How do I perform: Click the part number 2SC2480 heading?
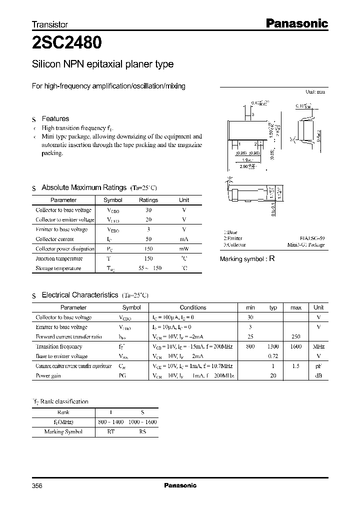[67, 43]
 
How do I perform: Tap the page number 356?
[37, 485]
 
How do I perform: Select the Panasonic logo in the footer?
[180, 485]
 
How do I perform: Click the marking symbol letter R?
[272, 258]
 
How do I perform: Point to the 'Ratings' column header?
[148, 200]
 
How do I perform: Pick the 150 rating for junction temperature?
[148, 258]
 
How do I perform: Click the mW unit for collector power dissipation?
[184, 249]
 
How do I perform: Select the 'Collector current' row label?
[55, 239]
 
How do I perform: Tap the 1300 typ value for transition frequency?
[272, 346]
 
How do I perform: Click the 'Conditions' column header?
[192, 307]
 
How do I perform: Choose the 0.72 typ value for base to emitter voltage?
[273, 356]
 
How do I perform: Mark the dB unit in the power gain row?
[318, 375]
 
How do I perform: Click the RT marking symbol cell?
[110, 431]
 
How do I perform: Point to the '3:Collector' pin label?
[234, 245]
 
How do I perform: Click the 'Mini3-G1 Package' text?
[306, 245]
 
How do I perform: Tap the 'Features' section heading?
[55, 118]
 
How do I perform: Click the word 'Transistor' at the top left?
[50, 24]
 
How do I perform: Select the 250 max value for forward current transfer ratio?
[295, 337]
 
